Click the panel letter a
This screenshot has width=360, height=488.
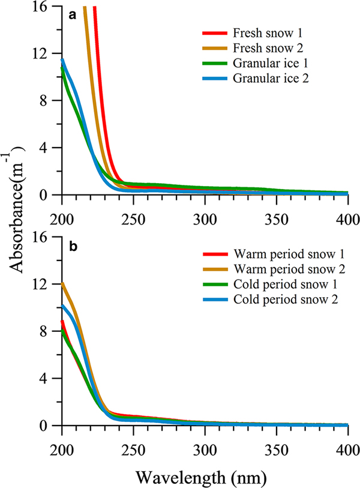pyautogui.click(x=73, y=16)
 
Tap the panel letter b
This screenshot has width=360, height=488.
pyautogui.click(x=73, y=247)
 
